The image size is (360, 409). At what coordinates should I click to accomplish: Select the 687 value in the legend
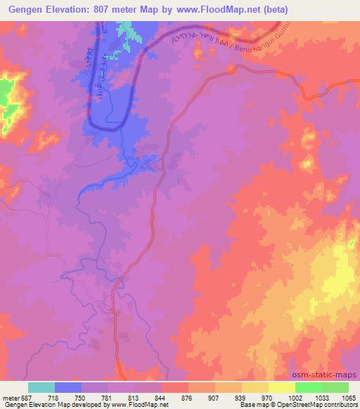coord(28,397)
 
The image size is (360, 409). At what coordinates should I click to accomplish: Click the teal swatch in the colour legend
coord(41,387)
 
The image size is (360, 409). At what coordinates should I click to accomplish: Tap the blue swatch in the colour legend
coord(68,387)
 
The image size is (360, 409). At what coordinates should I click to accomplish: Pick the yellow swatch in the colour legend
coord(281,387)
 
